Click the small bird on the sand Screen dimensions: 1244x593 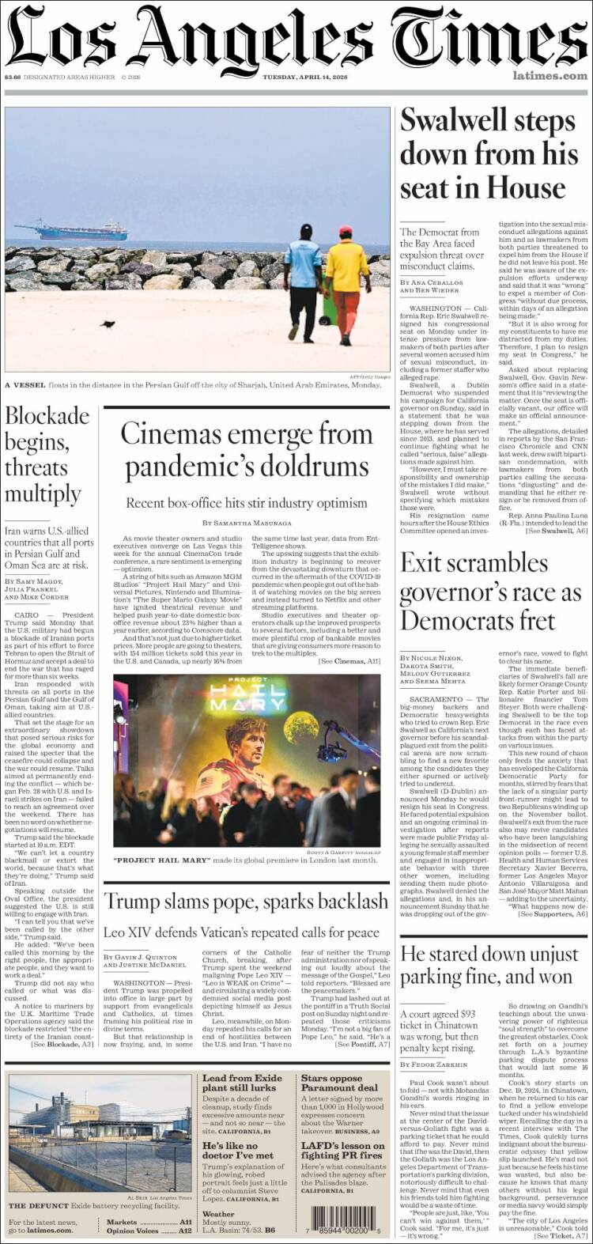tap(109, 323)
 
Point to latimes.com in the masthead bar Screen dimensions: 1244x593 tap(550, 76)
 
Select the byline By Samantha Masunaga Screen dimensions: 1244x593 tap(246, 523)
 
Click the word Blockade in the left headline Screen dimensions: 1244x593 tap(47, 416)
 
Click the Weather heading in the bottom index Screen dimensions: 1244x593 tap(218, 1213)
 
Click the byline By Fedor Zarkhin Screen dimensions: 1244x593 tap(434, 1064)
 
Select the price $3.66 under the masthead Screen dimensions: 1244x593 tap(12, 77)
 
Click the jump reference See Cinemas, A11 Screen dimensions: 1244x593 tap(349, 660)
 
